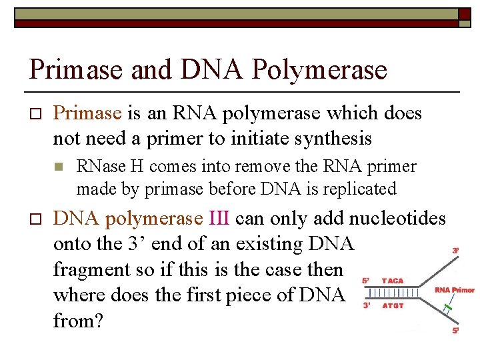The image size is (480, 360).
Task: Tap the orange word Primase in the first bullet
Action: pyautogui.click(x=87, y=113)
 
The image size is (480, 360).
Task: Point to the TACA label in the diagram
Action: pyautogui.click(x=393, y=281)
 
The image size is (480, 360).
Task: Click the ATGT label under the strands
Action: pyautogui.click(x=393, y=307)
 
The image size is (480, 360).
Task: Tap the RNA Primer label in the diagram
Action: pyautogui.click(x=454, y=290)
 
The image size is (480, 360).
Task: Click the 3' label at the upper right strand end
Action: pyautogui.click(x=455, y=251)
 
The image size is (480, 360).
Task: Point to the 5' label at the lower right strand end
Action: pyautogui.click(x=455, y=331)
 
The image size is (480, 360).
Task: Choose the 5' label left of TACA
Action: pyautogui.click(x=365, y=281)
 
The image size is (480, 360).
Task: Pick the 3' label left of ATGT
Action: pyautogui.click(x=365, y=306)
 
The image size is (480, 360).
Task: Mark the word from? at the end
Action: pyautogui.click(x=77, y=321)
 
